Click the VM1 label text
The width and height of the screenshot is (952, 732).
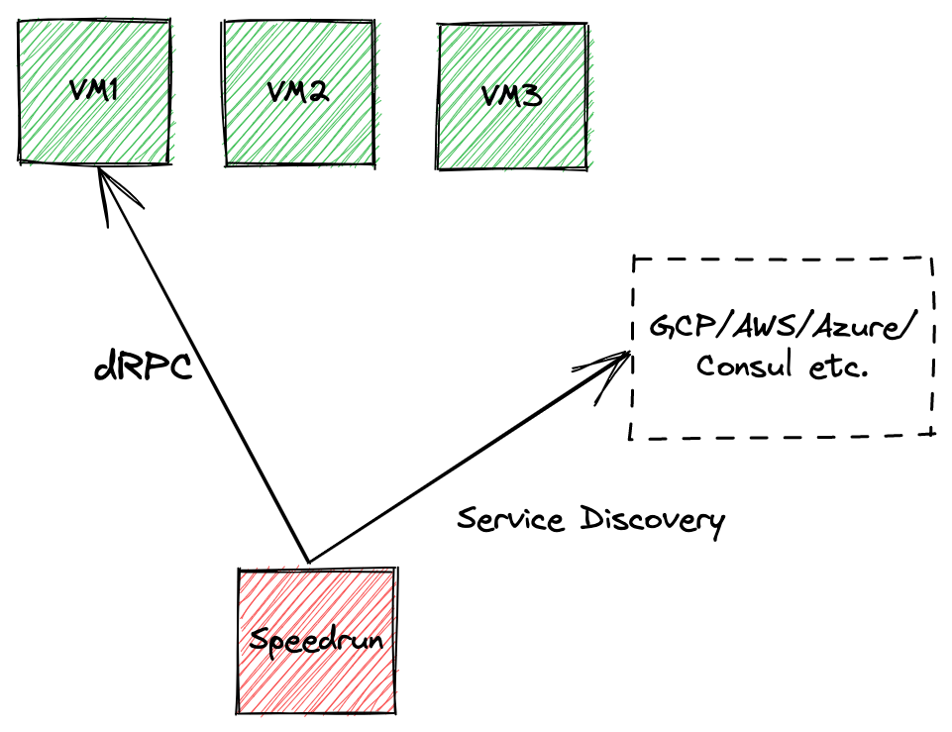coord(94,91)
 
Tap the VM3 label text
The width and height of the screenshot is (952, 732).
coord(511,96)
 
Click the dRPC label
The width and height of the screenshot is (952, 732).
coord(141,367)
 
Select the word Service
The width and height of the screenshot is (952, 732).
coord(512,518)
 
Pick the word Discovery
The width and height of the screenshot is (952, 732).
coord(653,520)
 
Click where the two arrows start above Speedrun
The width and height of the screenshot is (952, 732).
coord(310,561)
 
